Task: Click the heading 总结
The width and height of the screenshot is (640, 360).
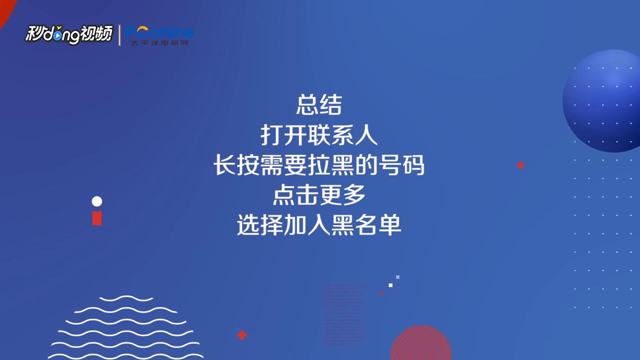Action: pos(319,105)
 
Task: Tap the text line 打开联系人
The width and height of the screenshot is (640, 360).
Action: pos(319,135)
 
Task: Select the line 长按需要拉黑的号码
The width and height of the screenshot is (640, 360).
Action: pos(319,165)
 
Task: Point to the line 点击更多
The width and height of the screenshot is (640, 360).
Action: pos(319,195)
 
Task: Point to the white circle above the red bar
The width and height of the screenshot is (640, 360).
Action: pos(97,201)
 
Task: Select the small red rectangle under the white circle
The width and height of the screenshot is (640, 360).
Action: pos(97,217)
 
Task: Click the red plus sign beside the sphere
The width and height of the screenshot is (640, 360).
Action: pos(520,165)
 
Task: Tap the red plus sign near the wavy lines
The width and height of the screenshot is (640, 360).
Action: pos(242,335)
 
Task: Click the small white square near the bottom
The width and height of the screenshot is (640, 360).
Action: pos(390,285)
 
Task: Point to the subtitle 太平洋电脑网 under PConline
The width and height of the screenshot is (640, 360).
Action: pos(159,43)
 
